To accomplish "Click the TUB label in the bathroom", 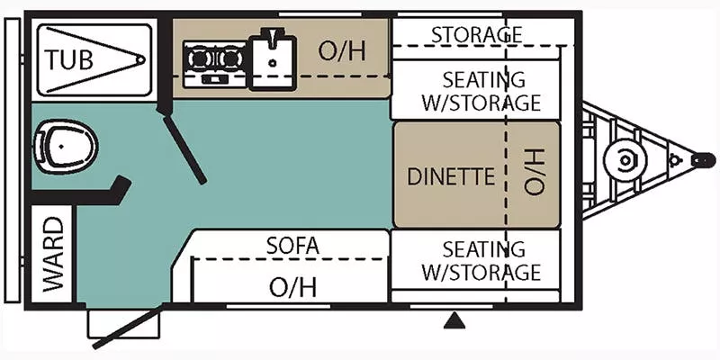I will click(70, 60).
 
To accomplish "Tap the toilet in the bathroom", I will click(65, 148).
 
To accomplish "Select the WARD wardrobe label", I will click(53, 255).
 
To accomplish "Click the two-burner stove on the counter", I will click(214, 62).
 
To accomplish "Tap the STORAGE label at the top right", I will click(476, 34).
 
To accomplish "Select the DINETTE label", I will click(451, 175).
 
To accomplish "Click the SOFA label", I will click(292, 245).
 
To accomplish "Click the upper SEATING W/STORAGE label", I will click(481, 91).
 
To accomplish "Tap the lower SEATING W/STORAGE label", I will click(481, 260).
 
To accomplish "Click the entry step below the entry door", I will click(112, 324).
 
